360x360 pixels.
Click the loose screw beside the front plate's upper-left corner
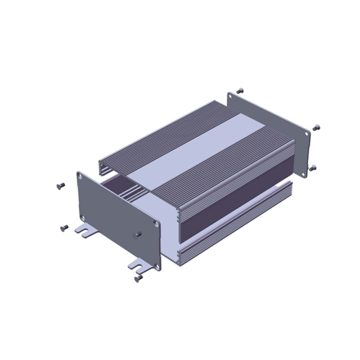61,186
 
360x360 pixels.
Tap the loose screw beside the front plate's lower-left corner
63,228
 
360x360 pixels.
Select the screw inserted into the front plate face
136,235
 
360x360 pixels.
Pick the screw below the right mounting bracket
137,277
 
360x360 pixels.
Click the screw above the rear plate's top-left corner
240,90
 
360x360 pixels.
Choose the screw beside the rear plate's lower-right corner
313,168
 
